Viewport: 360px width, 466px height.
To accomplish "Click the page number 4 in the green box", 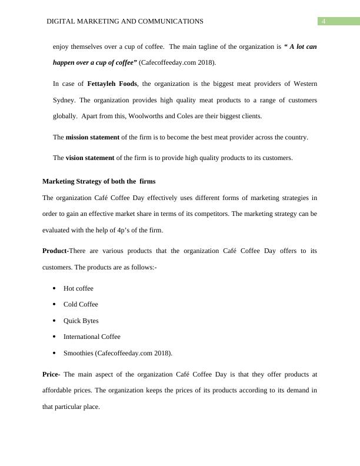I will click(323, 22).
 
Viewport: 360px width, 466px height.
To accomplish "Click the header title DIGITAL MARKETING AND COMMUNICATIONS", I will click(125, 21).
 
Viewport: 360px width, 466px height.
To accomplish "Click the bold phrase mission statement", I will click(92, 137).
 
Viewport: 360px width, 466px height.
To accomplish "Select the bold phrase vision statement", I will click(90, 158).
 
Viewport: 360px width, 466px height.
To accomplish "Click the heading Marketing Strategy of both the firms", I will click(99, 181).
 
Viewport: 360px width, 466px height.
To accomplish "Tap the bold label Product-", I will click(56, 251).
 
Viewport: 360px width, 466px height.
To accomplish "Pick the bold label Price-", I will click(52, 374).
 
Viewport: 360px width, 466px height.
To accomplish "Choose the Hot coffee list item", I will click(78, 288).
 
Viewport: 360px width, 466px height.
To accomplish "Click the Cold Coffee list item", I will click(81, 304).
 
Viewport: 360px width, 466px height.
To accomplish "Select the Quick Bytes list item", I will click(81, 321).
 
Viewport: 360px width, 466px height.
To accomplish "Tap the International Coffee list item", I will click(92, 337).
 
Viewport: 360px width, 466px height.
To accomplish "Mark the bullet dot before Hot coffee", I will click(54, 288).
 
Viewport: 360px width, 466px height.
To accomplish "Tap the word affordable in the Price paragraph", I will click(62, 390).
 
